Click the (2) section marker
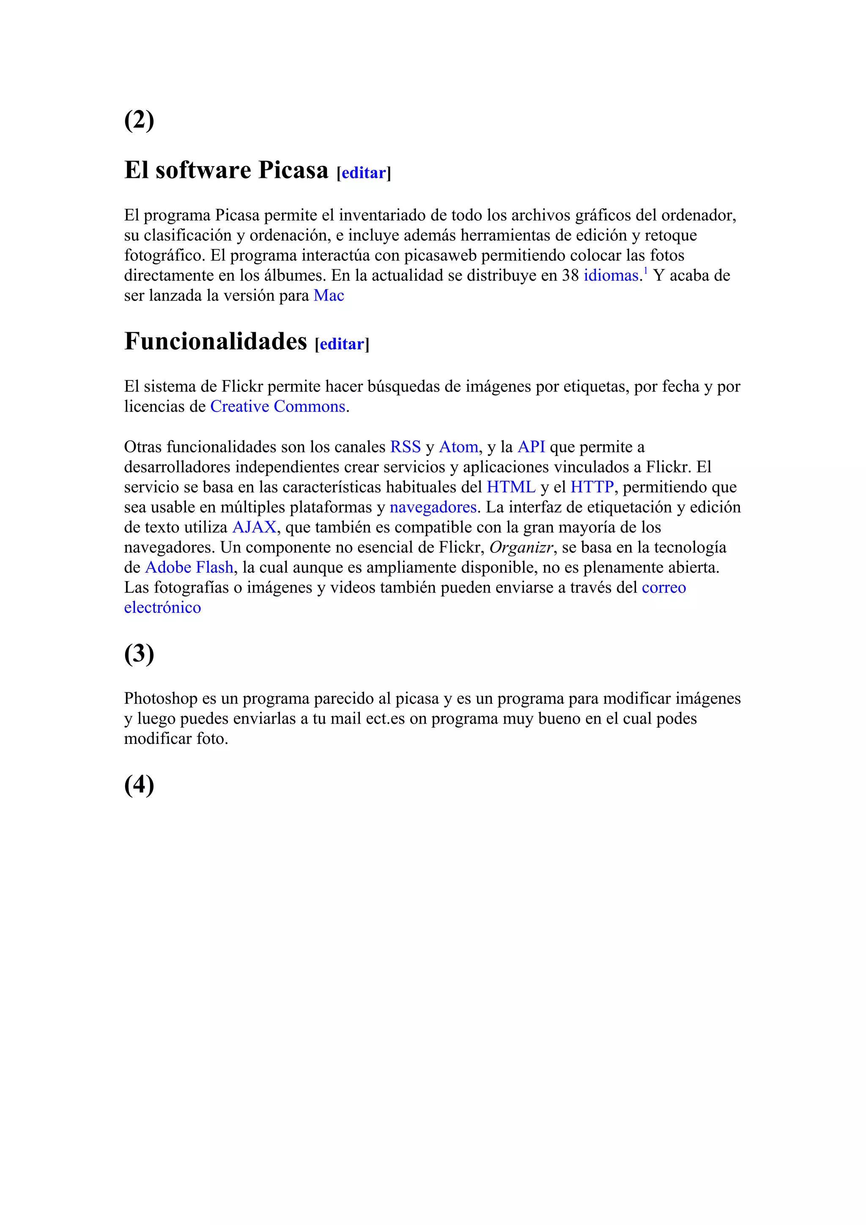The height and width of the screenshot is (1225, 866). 139,120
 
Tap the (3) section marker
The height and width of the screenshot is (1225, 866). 139,654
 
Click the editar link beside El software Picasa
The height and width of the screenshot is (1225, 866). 363,173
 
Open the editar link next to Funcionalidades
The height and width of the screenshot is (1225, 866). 342,344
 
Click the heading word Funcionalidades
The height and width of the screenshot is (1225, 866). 216,341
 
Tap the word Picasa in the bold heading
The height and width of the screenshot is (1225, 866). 293,170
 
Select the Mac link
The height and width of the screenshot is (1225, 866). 329,295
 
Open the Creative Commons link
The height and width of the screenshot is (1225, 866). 278,407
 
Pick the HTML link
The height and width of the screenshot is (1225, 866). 511,487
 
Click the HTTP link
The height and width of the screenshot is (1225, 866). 592,487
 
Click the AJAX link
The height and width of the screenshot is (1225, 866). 254,527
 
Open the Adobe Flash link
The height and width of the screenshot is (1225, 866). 189,567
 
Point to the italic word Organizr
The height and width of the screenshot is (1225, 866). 521,547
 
